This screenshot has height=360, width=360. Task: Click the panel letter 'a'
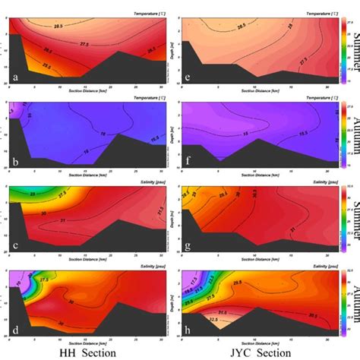(x=14, y=77)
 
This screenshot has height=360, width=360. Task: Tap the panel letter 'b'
(x=14, y=162)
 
